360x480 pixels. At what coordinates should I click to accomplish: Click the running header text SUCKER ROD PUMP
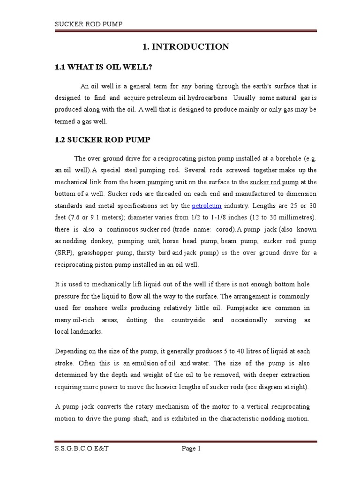coord(89,24)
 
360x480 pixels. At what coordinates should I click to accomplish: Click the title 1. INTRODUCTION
coord(186,46)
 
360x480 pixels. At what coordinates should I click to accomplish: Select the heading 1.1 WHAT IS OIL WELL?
coord(104,67)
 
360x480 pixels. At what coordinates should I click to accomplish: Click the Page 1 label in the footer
coord(191,449)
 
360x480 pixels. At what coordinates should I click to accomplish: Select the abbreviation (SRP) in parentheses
coord(64,253)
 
